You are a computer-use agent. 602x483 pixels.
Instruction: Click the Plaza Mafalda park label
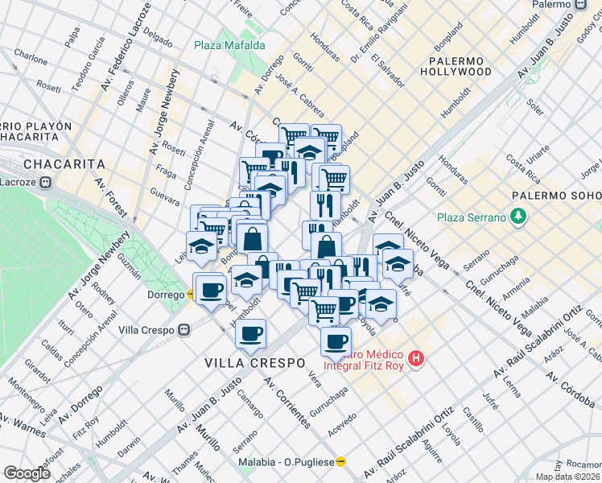(x=229, y=46)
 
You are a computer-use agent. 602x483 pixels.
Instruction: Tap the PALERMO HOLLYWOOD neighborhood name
(x=460, y=66)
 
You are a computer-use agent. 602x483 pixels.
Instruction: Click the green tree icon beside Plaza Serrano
(x=520, y=217)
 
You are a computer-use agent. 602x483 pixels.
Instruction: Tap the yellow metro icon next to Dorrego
(x=190, y=295)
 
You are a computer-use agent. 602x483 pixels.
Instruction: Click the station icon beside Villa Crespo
(x=185, y=328)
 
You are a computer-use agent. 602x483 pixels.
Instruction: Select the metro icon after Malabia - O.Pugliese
(x=340, y=462)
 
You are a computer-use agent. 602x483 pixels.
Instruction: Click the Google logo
(x=27, y=473)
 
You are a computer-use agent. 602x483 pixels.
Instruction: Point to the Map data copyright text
(x=568, y=477)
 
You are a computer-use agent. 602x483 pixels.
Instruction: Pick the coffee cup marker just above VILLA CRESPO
(x=251, y=332)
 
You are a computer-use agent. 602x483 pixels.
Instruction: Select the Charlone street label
(x=31, y=59)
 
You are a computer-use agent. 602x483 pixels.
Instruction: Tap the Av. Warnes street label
(x=24, y=426)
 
